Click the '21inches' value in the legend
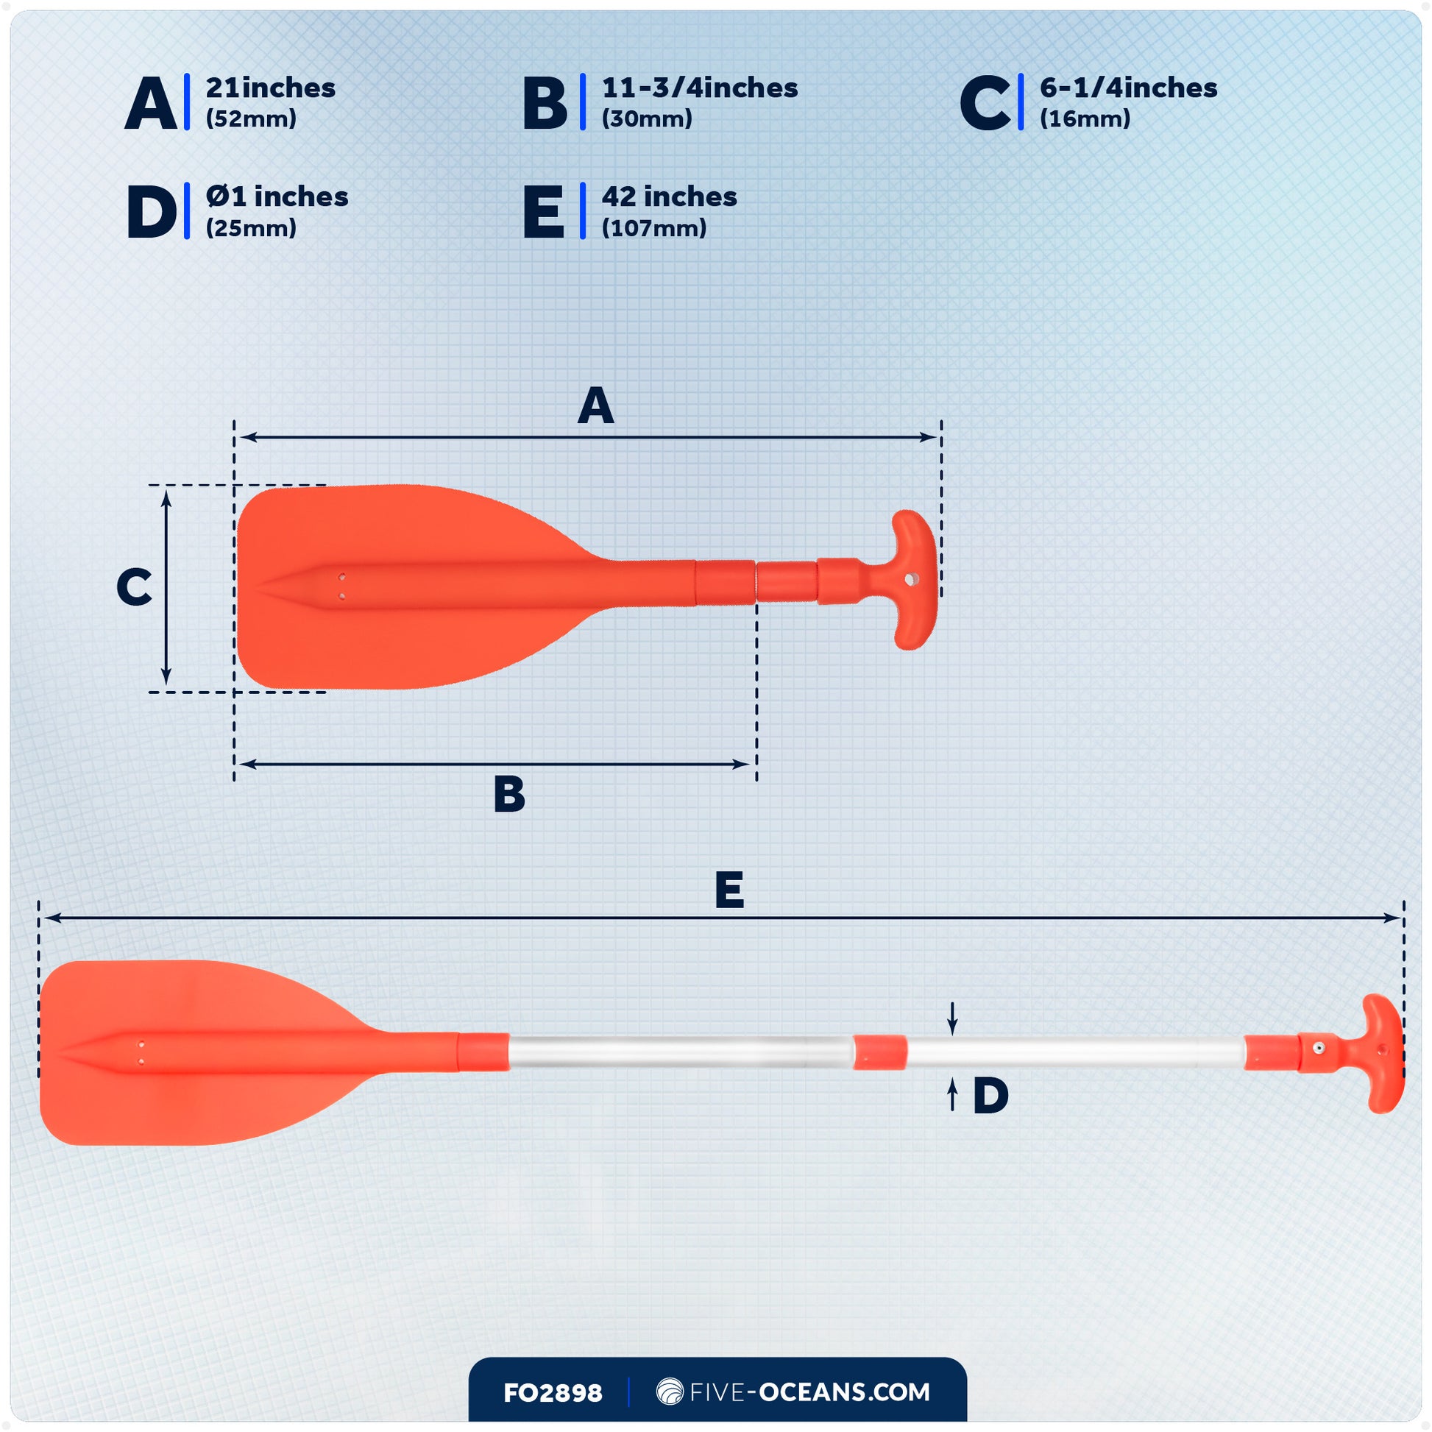coord(271,88)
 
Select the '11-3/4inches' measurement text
coord(699,88)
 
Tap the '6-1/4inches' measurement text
coord(1128,88)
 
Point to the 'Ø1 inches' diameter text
coord(277,197)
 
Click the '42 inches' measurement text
coord(669,197)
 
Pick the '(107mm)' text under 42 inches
coord(653,228)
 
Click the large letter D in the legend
coord(151,213)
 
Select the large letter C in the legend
coord(984,104)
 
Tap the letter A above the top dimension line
coord(595,406)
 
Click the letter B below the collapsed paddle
coord(509,795)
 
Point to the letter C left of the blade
coord(134,587)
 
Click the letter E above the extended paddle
coord(729,890)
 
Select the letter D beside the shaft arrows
coord(990,1096)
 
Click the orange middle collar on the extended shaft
coord(879,1052)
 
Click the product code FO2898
coord(552,1393)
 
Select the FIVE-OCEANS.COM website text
coord(809,1392)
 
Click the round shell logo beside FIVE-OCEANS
coord(670,1392)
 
